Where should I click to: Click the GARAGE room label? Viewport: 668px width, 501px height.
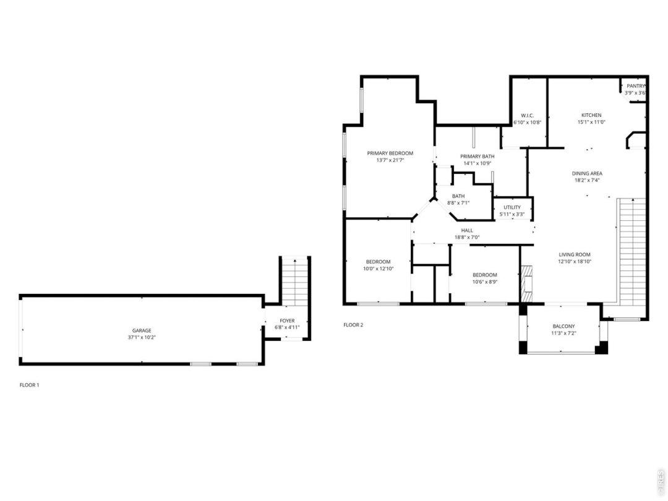click(x=142, y=330)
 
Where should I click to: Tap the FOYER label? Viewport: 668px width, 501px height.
click(x=287, y=321)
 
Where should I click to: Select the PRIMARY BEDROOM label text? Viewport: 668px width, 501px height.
click(x=390, y=153)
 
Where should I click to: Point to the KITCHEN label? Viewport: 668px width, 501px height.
click(x=592, y=115)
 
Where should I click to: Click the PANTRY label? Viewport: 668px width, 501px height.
click(x=636, y=86)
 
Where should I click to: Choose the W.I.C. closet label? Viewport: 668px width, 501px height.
click(x=528, y=116)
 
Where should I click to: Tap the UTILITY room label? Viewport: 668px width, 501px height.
click(x=512, y=207)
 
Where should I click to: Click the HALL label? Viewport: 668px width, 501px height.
click(x=467, y=231)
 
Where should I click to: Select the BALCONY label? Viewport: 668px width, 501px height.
click(x=563, y=327)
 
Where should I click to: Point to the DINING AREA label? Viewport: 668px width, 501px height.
click(x=587, y=173)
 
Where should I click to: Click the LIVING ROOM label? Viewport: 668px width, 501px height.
click(x=575, y=255)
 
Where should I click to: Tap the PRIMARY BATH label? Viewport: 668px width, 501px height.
click(x=477, y=156)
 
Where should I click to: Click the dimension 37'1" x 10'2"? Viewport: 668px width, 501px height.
click(x=142, y=338)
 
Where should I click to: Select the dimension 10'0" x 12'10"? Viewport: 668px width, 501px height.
click(x=379, y=269)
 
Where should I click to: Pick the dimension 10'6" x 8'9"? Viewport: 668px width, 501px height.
click(x=485, y=281)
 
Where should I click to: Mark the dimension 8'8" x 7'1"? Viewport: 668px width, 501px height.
click(x=458, y=203)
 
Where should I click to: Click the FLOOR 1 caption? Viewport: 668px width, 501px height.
click(x=30, y=385)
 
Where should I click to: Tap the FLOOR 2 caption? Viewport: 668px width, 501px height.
click(x=353, y=325)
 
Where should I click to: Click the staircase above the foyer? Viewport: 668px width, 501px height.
click(x=295, y=281)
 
